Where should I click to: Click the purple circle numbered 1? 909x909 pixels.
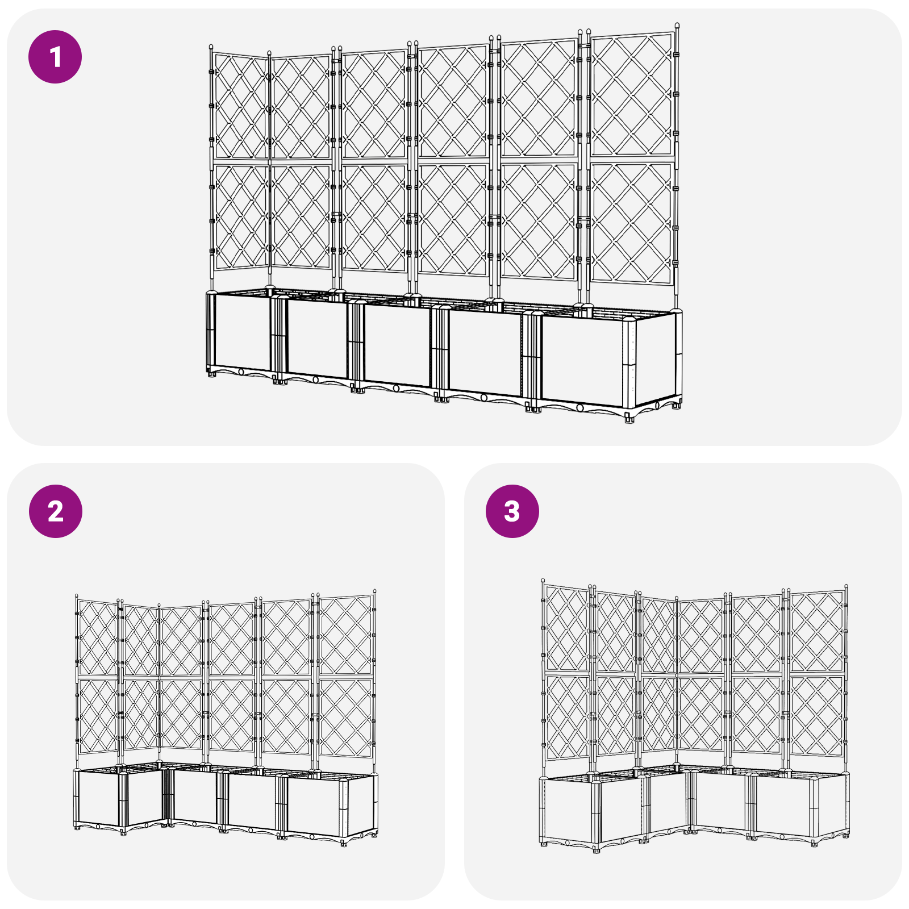55,57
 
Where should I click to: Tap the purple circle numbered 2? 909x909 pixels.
55,511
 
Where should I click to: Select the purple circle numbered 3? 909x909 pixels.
512,511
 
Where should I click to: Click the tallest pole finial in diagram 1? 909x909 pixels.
677,26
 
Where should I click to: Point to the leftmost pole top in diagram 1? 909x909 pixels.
211,47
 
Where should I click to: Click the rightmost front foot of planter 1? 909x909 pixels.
629,419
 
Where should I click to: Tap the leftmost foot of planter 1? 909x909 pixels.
212,374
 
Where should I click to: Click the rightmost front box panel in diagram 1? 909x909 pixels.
582,361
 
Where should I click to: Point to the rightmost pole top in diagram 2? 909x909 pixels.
375,592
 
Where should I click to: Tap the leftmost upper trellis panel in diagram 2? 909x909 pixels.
97,638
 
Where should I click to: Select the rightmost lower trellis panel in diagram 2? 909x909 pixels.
345,717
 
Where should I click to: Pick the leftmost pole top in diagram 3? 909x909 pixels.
543,579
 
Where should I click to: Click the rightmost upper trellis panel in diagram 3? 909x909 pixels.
816,631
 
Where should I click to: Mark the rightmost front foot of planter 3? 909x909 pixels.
814,844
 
